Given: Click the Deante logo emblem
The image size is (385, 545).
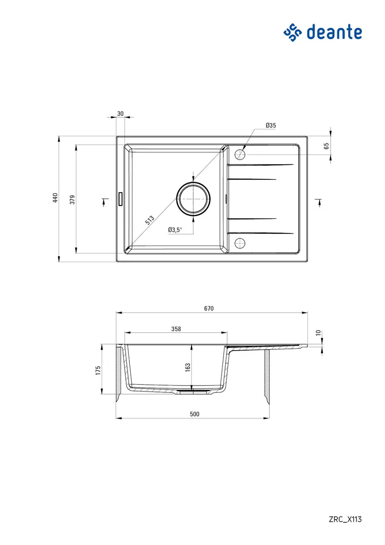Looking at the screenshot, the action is [x=292, y=32].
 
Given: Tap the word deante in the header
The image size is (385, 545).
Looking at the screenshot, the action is [x=334, y=32].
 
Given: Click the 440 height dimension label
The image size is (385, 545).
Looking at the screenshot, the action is [x=55, y=198].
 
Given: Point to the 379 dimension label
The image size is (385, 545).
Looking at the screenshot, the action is [x=73, y=199].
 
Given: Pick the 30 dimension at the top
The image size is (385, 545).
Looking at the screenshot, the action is [x=120, y=114].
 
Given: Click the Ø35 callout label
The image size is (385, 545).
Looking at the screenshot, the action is [x=271, y=125].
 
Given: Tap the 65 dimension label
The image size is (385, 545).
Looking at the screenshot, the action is [x=326, y=146].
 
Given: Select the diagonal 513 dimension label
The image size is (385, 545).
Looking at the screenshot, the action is [x=149, y=220].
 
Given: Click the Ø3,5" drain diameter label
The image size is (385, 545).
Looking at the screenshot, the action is [x=175, y=229].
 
